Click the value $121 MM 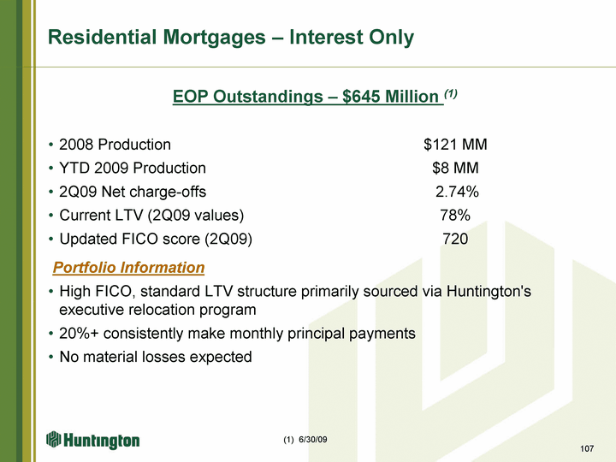click(455, 145)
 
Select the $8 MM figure click(455, 169)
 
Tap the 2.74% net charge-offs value click(457, 192)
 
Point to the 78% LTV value click(455, 216)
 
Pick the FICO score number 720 click(455, 239)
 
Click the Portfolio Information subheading click(129, 268)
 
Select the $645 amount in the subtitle click(360, 96)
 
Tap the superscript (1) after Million click(451, 93)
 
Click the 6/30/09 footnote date click(313, 440)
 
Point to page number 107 click(587, 448)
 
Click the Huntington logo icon click(53, 439)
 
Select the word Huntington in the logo click(101, 441)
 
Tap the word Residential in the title click(102, 38)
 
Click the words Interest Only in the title click(352, 38)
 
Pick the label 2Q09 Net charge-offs click(133, 192)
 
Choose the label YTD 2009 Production click(133, 169)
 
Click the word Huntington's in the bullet click(489, 292)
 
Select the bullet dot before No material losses click(50, 358)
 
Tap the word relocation click(161, 310)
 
